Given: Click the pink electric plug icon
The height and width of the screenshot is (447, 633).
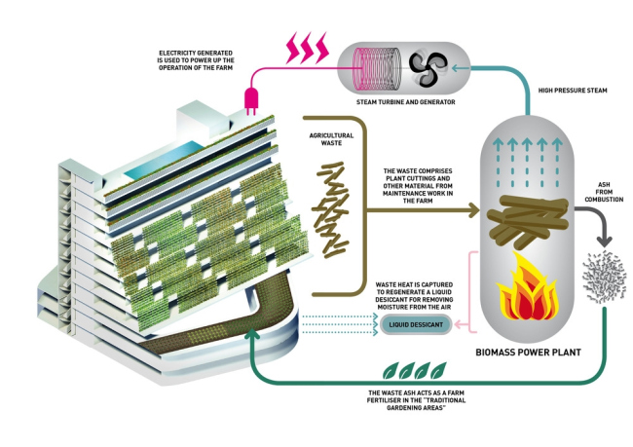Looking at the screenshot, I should tap(251, 99).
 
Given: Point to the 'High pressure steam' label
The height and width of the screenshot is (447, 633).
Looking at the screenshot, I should tap(573, 91).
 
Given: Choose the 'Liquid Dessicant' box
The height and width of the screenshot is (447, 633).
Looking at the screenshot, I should tap(416, 322).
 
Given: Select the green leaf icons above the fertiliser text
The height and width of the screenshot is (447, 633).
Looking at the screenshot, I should tap(414, 371).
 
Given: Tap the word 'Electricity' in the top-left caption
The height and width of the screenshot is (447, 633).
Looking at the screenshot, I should tap(183, 51).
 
